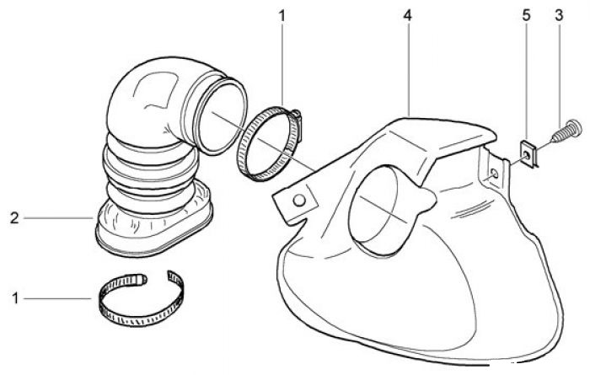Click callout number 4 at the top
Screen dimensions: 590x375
click(407, 15)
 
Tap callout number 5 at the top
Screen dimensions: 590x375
click(527, 15)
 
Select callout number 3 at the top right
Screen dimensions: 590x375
click(559, 15)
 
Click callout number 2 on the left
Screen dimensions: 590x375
click(14, 217)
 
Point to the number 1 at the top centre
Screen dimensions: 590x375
click(282, 16)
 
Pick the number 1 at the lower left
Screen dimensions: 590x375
click(15, 298)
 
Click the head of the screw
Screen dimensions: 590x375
click(576, 128)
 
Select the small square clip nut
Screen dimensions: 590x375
click(528, 153)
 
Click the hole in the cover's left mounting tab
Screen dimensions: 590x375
click(299, 201)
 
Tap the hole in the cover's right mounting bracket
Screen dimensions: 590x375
click(495, 174)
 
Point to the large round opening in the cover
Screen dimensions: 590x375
click(383, 211)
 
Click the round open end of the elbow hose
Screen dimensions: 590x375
click(221, 115)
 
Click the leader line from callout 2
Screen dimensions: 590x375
click(58, 217)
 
